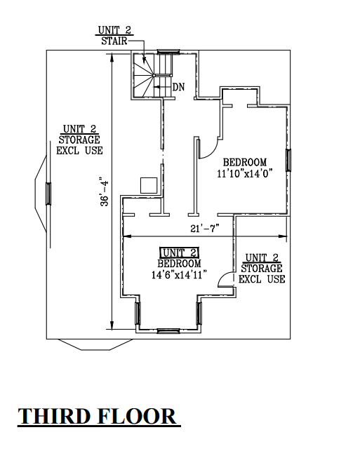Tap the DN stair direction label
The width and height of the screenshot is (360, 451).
click(x=178, y=87)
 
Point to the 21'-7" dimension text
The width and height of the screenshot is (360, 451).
click(x=205, y=229)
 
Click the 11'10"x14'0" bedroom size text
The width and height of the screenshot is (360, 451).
click(x=245, y=174)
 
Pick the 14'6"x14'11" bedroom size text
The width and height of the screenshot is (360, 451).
click(x=179, y=275)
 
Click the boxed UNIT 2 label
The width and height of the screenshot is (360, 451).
click(x=179, y=253)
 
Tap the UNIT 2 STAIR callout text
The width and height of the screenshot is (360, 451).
click(x=114, y=36)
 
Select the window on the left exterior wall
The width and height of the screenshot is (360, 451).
click(x=48, y=194)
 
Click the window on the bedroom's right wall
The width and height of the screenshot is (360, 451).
click(x=288, y=160)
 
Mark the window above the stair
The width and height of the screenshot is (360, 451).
click(x=168, y=51)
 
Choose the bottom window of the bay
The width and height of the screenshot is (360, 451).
click(x=168, y=331)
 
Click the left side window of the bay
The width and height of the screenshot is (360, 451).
click(x=138, y=314)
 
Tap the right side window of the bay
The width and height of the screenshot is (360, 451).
click(x=199, y=314)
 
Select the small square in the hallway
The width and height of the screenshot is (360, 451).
click(x=149, y=185)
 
